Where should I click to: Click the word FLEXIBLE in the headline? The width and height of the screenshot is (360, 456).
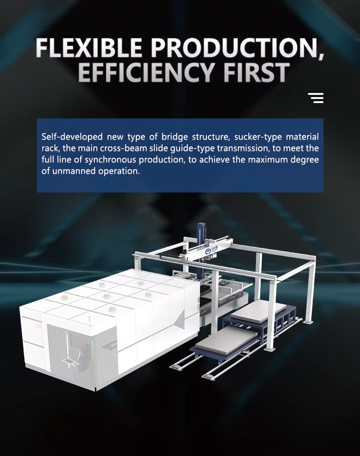(88, 47)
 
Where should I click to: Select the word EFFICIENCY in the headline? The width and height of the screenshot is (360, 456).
(146, 72)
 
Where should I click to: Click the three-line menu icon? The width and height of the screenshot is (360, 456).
(316, 98)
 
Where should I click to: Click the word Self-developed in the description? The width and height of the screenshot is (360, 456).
(72, 137)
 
